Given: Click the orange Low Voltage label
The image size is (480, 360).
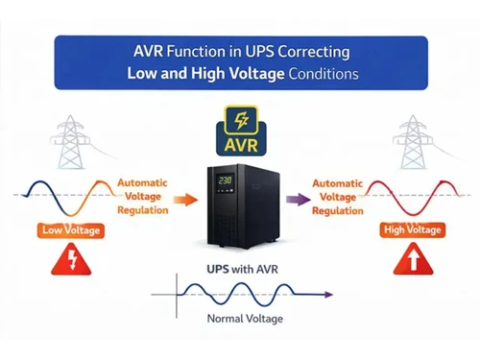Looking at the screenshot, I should tap(66, 230).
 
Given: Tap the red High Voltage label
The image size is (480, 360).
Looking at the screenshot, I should tap(412, 230).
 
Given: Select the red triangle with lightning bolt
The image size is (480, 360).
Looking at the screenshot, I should tap(65, 260).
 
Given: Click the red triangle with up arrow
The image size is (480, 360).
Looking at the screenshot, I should tap(412, 260).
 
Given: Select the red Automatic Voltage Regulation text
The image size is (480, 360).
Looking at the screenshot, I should tap(337, 196).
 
